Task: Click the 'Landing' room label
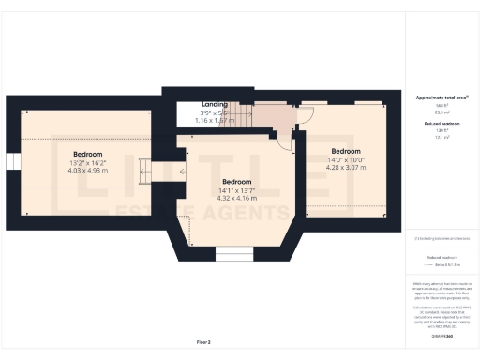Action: click(x=214, y=104)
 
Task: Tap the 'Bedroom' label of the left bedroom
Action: click(x=87, y=153)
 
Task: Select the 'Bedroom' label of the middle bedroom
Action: click(x=236, y=181)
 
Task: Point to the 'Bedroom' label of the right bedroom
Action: click(x=345, y=151)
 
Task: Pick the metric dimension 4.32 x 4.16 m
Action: click(x=236, y=198)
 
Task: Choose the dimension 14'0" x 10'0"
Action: click(x=345, y=159)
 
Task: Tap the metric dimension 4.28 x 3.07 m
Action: click(x=345, y=168)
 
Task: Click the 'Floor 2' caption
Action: click(x=203, y=343)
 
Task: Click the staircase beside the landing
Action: click(x=243, y=114)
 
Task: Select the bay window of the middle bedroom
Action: click(x=229, y=252)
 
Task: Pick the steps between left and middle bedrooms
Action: click(x=144, y=172)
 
